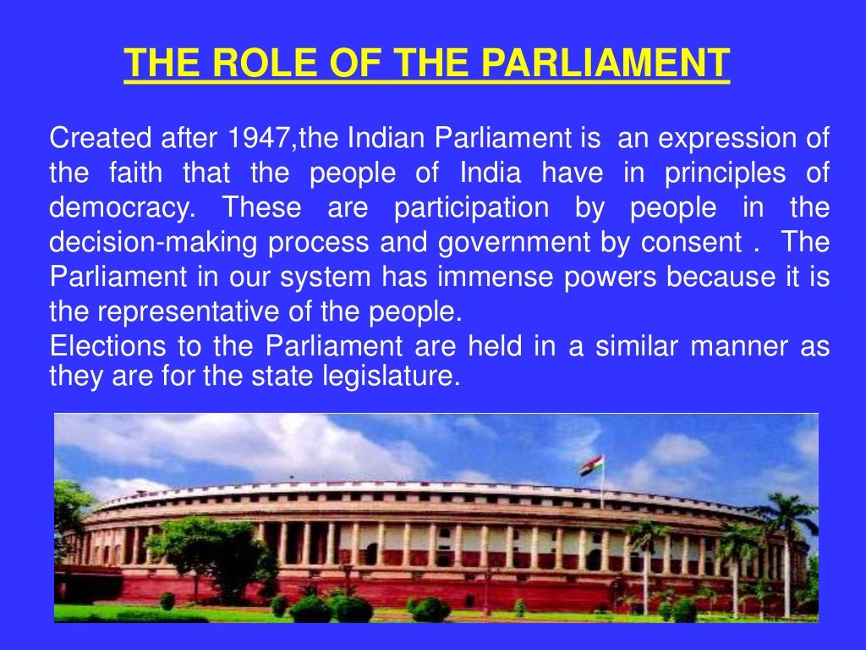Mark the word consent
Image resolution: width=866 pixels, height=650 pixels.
(690, 243)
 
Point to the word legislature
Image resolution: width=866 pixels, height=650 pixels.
(390, 376)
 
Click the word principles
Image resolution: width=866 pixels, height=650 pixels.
(715, 174)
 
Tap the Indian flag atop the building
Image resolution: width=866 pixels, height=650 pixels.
(592, 465)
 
